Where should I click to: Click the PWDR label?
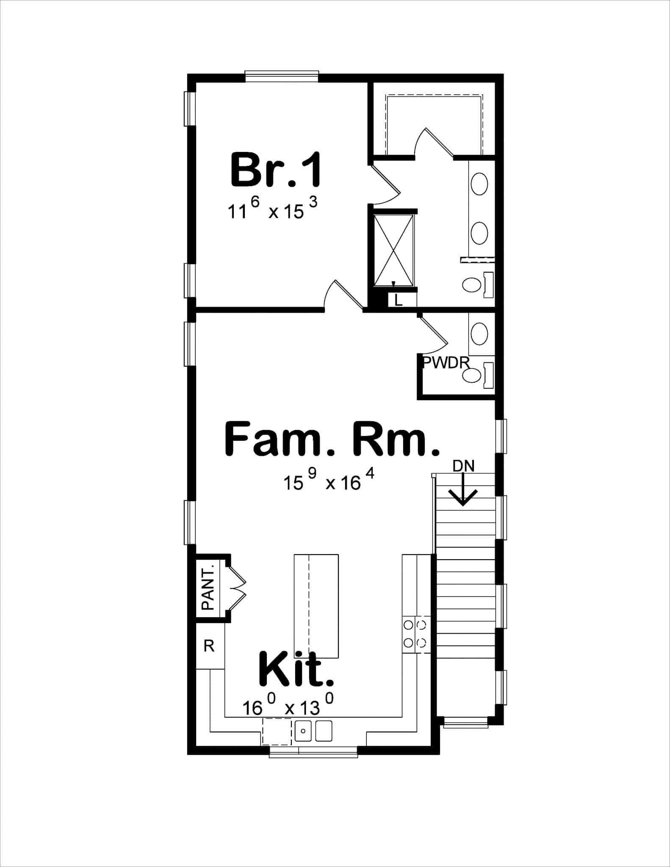[446, 362]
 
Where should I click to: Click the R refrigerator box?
[209, 646]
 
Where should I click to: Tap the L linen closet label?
[398, 300]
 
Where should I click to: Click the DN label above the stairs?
[463, 466]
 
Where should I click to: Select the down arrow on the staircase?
[463, 491]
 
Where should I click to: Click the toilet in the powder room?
[472, 375]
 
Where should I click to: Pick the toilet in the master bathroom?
[472, 285]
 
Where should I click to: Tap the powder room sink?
[479, 333]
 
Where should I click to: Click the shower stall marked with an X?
[393, 250]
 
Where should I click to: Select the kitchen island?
[316, 606]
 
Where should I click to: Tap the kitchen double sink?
[313, 731]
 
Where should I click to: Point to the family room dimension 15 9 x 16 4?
[329, 481]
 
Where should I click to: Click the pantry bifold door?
[236, 588]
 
